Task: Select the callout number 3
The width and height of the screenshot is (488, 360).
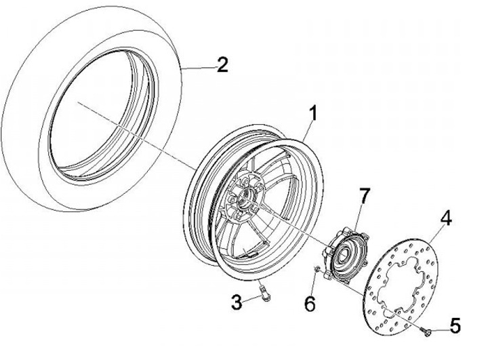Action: tap(235, 302)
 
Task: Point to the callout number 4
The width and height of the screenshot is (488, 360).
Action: tap(446, 218)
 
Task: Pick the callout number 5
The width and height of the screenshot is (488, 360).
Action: tap(455, 326)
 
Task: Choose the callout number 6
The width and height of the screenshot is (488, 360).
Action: tap(309, 305)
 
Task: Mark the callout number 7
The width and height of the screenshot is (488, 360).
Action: tap(364, 195)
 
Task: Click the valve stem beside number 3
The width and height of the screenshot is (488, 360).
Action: tap(263, 294)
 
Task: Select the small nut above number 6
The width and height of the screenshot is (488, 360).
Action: tap(317, 271)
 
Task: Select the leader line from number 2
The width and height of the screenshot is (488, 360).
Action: tap(197, 66)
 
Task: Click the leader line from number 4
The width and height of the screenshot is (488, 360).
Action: tap(436, 234)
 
